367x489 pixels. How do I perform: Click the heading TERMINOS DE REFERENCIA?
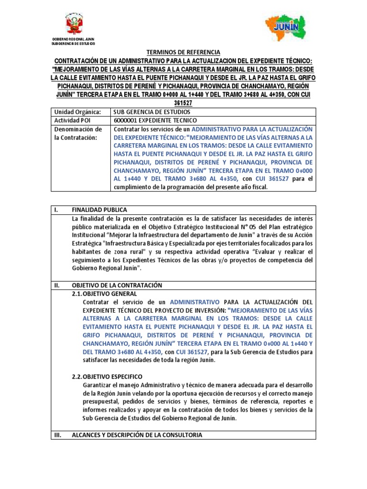click(183, 52)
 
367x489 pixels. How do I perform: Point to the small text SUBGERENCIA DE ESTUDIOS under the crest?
click(73, 43)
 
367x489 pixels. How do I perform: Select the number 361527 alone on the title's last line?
click(183, 102)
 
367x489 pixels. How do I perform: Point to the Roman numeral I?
click(56, 210)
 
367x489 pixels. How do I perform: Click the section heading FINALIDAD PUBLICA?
click(99, 210)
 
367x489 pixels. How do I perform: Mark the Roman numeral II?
click(57, 285)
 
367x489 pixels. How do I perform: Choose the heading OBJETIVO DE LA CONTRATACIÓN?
click(117, 285)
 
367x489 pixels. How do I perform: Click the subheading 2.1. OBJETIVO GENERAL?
click(104, 294)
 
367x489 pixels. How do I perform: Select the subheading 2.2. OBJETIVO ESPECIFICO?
click(107, 376)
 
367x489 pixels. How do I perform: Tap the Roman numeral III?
click(58, 435)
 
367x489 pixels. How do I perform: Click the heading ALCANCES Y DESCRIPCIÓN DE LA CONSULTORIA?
click(137, 435)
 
